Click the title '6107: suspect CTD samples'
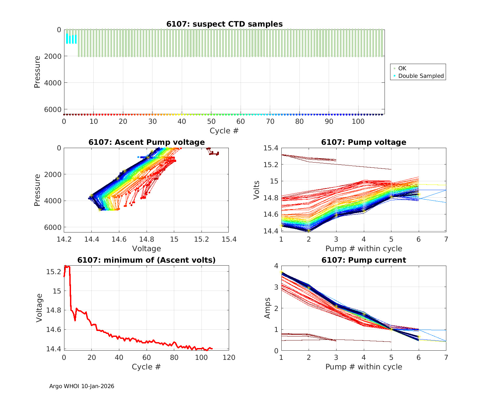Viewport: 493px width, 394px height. pyautogui.click(x=224, y=24)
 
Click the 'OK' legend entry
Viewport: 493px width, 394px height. pyautogui.click(x=402, y=68)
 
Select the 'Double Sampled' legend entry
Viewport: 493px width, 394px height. pyautogui.click(x=421, y=76)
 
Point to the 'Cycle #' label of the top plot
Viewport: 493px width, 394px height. pyautogui.click(x=224, y=131)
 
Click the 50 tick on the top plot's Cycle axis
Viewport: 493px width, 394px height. pyautogui.click(x=211, y=121)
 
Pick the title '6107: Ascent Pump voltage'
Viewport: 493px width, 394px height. pyautogui.click(x=147, y=142)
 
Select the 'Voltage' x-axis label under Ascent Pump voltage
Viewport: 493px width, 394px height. pyautogui.click(x=147, y=249)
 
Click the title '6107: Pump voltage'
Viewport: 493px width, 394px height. pyautogui.click(x=364, y=142)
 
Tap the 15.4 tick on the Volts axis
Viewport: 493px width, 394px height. pyautogui.click(x=270, y=148)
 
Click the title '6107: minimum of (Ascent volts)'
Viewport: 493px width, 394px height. pyautogui.click(x=147, y=260)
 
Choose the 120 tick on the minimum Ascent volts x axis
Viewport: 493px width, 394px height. pyautogui.click(x=229, y=358)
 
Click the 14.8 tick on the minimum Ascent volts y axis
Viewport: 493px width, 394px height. pyautogui.click(x=53, y=310)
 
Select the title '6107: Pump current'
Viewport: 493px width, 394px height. pyautogui.click(x=364, y=260)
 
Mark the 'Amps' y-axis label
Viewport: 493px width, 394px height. pyautogui.click(x=268, y=308)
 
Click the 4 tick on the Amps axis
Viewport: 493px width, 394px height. pyautogui.click(x=276, y=266)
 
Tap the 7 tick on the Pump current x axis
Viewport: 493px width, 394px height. pyautogui.click(x=446, y=358)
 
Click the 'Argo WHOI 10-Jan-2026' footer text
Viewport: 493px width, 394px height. pyautogui.click(x=82, y=386)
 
